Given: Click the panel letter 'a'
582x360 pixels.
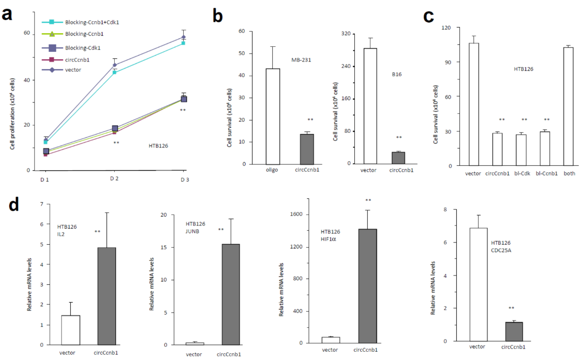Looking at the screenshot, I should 7,14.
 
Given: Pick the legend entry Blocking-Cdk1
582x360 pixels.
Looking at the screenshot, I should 83,48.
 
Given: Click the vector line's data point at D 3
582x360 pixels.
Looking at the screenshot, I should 184,37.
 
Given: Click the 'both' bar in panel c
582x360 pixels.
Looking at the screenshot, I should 569,107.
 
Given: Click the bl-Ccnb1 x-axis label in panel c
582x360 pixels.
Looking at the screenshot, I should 546,174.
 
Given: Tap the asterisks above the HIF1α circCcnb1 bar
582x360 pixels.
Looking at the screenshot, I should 368,200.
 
